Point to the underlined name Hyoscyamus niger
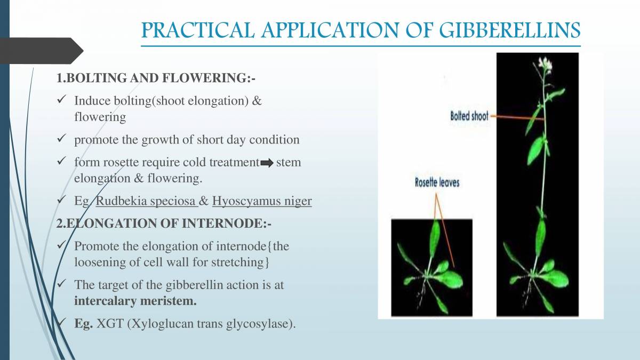click(262, 202)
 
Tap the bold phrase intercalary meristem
click(135, 301)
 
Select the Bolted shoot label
click(469, 116)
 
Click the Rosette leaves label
click(437, 182)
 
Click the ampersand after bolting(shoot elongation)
click(257, 100)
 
